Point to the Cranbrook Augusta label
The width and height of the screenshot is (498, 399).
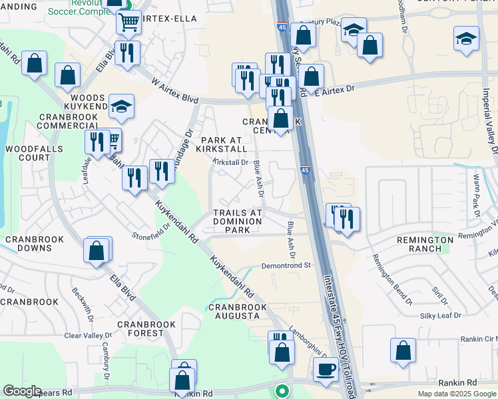pos(237,311)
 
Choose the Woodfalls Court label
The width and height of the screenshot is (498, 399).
pos(28,153)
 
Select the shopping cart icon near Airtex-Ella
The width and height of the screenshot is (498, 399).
pos(128,23)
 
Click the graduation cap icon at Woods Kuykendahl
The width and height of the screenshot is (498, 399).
pos(122,106)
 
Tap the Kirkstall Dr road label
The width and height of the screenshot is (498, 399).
pos(230,162)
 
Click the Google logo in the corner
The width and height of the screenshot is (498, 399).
pos(22,391)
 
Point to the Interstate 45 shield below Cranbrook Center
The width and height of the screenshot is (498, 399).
pos(305,170)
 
